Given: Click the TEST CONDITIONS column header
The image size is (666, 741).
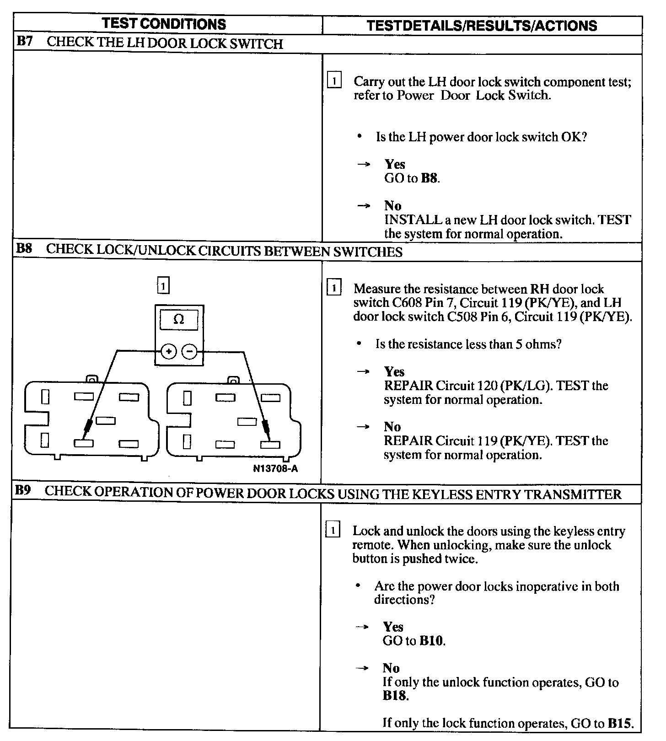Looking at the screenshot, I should click(164, 24).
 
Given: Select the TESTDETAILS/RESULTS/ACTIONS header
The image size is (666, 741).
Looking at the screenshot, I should click(482, 26).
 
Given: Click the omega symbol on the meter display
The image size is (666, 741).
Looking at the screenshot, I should click(179, 319).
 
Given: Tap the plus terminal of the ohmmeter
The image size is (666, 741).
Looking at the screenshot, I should click(169, 352).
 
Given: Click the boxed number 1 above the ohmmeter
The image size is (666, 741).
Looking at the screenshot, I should click(163, 286).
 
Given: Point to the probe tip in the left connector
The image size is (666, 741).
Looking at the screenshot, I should click(86, 431).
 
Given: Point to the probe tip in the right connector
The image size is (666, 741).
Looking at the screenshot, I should click(267, 431).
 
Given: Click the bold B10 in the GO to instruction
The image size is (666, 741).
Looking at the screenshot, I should click(431, 641).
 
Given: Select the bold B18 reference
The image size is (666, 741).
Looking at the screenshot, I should click(395, 696).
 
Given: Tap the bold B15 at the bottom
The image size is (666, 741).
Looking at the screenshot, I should click(620, 723).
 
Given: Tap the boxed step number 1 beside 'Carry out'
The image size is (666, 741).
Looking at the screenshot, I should click(334, 81).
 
